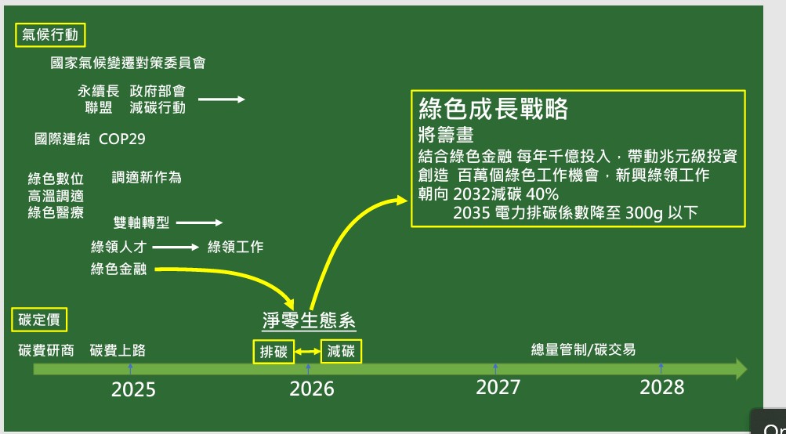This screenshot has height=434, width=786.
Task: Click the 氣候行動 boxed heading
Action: pos(50,35)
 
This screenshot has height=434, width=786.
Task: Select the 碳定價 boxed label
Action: pos(39,320)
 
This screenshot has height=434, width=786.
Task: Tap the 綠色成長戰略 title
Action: pos(493,108)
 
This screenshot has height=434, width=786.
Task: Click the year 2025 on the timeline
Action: pos(133,389)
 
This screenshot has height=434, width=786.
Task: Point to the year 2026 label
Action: pos(312,389)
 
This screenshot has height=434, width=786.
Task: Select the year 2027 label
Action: pos(498,388)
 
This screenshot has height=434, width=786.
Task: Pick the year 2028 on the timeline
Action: pos(661,388)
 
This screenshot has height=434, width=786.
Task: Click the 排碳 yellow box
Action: pos(273,352)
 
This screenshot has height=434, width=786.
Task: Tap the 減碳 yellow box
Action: pos(341,351)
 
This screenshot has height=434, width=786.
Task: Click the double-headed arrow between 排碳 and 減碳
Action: pos(307,352)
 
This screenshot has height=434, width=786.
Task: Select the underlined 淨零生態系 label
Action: pos(309,320)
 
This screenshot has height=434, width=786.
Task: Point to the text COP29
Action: pos(122,139)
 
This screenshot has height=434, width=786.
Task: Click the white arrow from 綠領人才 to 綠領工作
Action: pos(176,247)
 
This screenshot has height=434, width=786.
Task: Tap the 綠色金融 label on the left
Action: pos(119,269)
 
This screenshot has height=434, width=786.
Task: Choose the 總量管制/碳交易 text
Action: pos(584,349)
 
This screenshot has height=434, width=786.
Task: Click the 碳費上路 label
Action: pos(118,350)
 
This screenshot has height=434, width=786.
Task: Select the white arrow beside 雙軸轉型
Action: pos(200,222)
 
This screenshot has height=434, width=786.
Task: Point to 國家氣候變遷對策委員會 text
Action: pos(129,63)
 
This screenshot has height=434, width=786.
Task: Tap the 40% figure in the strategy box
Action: pos(542,194)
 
